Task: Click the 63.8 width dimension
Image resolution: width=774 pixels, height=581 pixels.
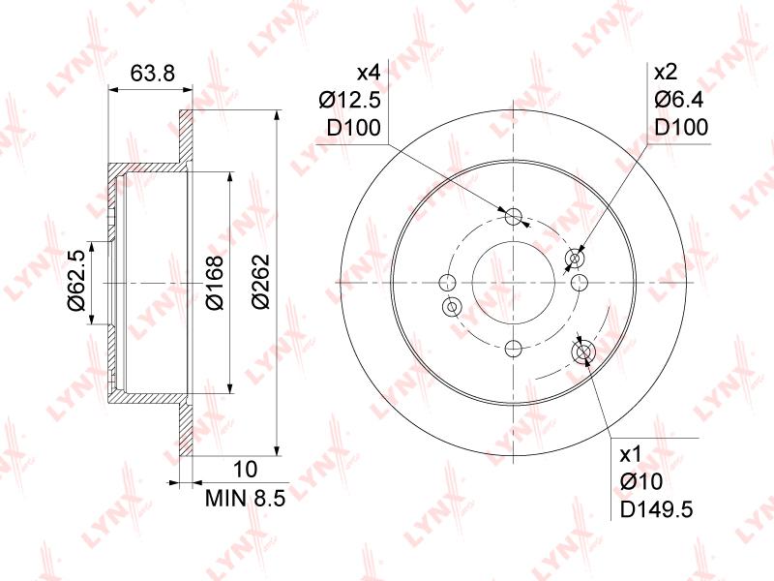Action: [153, 74]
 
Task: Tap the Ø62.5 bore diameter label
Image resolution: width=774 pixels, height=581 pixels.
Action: [77, 280]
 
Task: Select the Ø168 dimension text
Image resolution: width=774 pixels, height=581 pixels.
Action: [215, 282]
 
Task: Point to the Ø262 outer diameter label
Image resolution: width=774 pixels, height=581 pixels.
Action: [260, 281]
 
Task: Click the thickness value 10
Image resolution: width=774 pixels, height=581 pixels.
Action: [245, 469]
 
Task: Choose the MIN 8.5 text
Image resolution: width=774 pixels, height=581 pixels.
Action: [246, 498]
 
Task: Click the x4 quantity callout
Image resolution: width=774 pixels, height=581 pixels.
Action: [369, 74]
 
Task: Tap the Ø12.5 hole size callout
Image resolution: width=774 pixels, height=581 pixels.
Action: [350, 101]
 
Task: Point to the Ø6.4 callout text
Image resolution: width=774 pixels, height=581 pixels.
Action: [679, 100]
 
